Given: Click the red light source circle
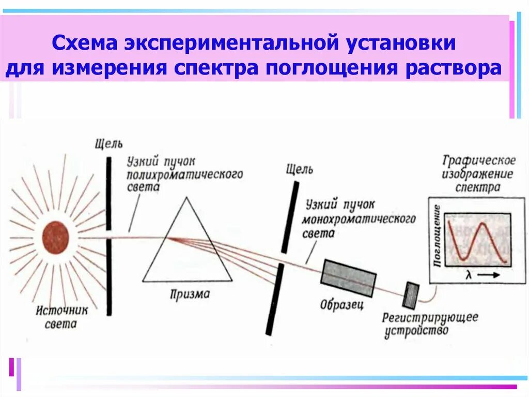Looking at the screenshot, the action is pos(55,238).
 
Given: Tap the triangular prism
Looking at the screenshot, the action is pos(186,248).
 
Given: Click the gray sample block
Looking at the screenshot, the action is pos(349,277).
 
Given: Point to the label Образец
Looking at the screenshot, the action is pos(341,304).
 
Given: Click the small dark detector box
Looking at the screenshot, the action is pos(412,295).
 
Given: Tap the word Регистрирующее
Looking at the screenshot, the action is pos(430,317).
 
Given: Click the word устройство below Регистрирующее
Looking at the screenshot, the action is pos(416,331).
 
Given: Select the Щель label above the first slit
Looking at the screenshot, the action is pos(109,143).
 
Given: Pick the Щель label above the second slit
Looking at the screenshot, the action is pos(299,169).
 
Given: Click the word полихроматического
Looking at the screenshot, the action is pos(184,174).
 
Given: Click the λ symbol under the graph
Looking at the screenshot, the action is pos(469,275).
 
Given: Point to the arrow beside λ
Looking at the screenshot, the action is pos(488,275).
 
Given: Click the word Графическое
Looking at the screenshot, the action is pos(479,160).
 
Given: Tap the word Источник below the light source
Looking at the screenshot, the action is pos(63,311).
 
